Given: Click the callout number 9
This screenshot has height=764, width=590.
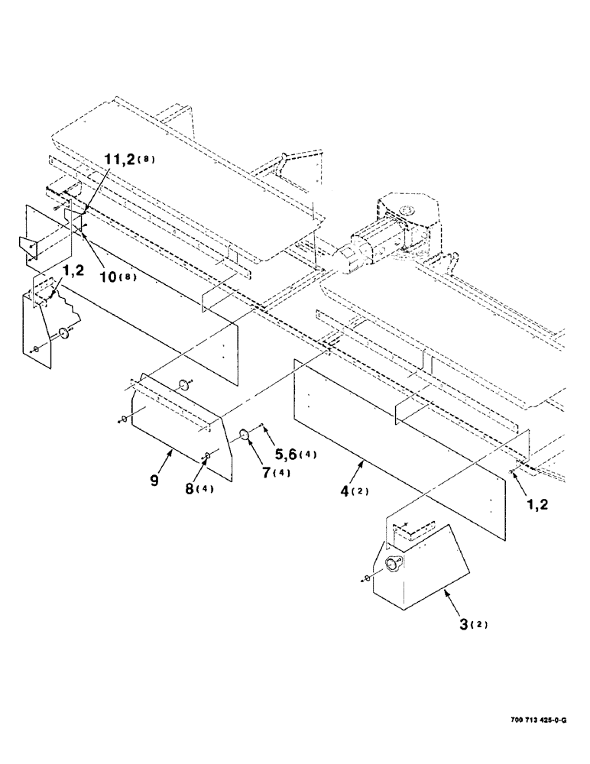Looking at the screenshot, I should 154,481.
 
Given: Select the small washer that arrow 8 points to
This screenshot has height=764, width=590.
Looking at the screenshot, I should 207,457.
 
